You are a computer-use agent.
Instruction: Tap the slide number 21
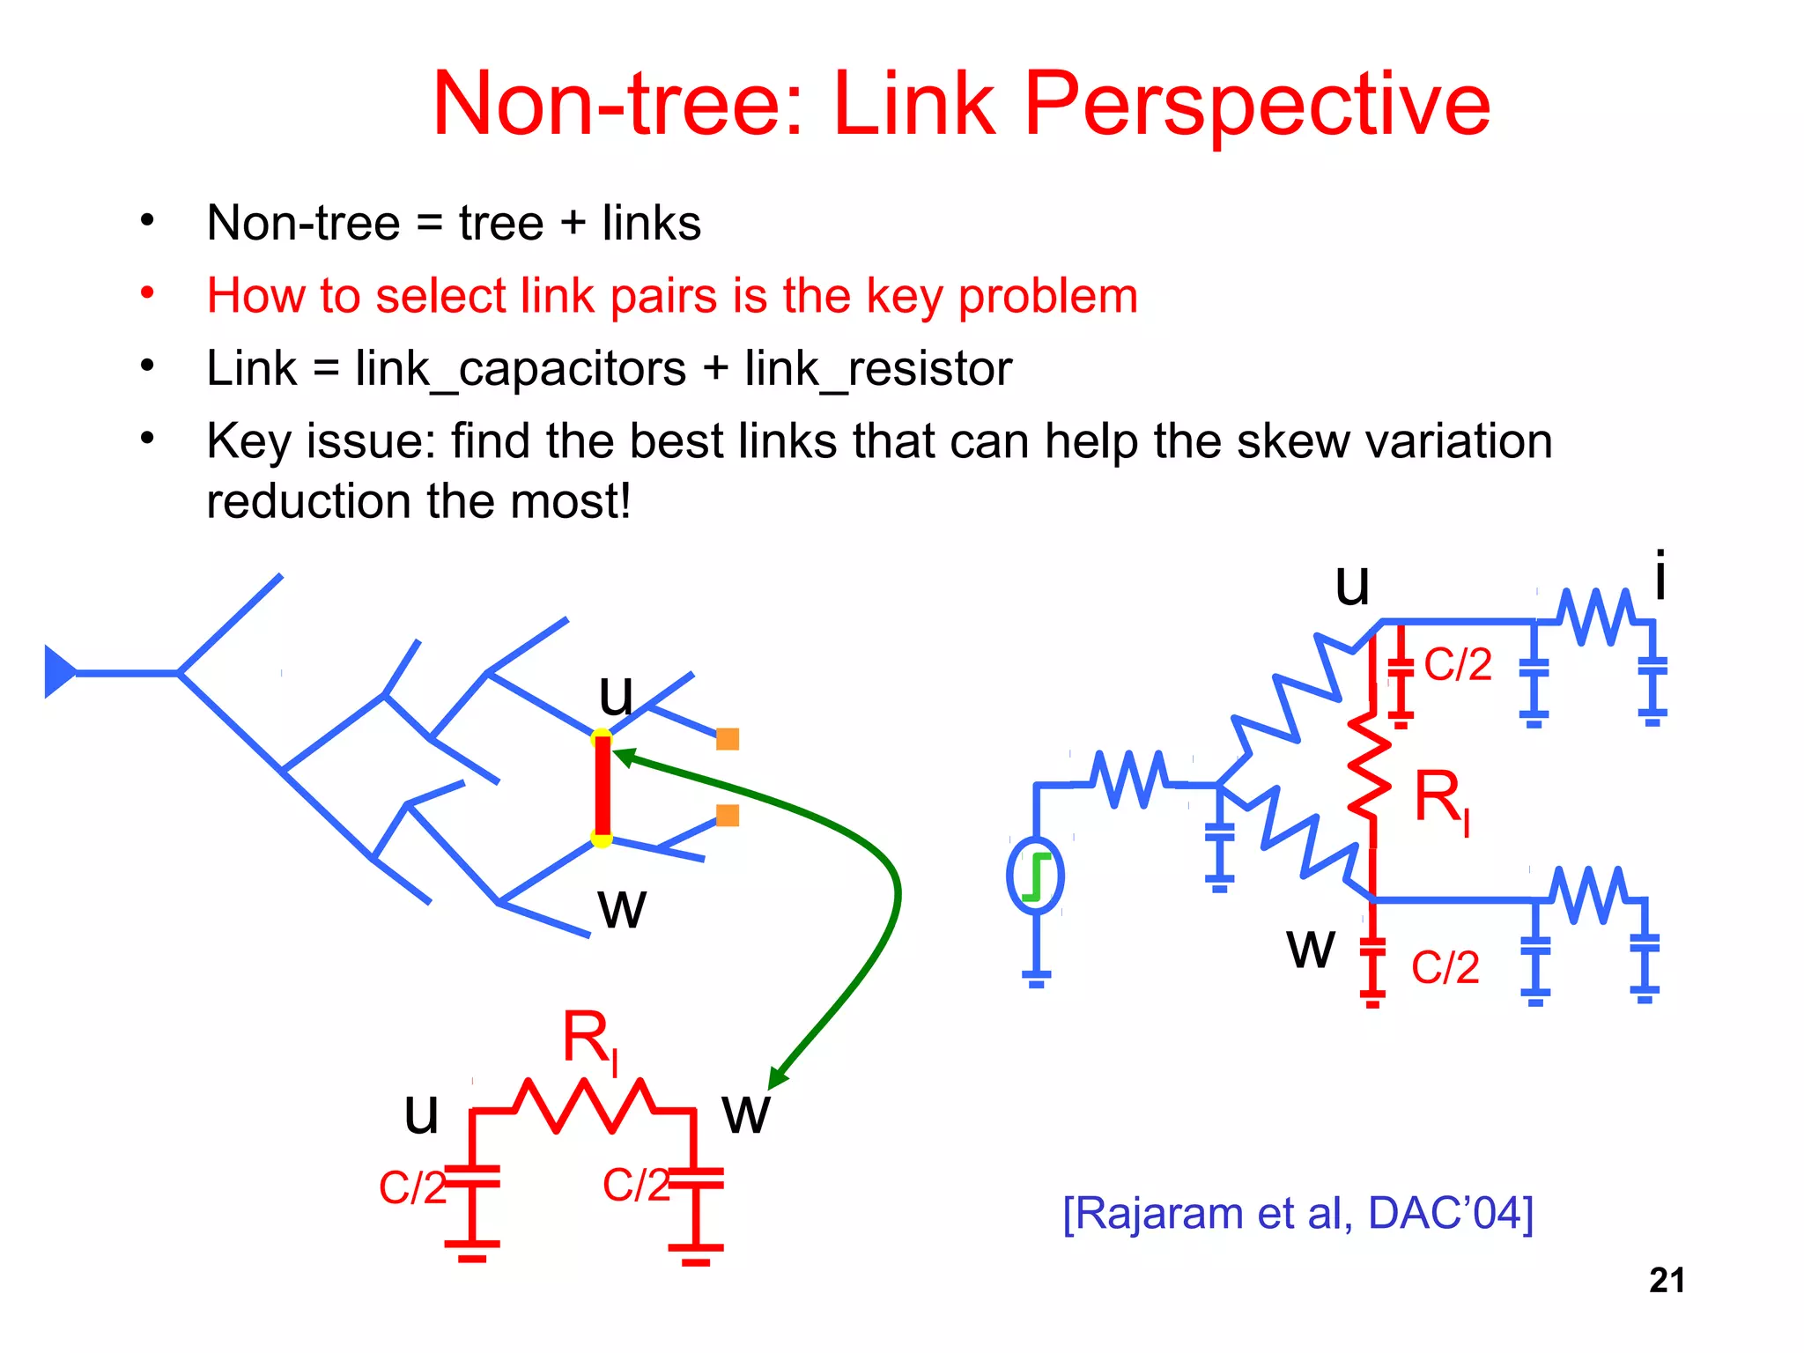(1667, 1281)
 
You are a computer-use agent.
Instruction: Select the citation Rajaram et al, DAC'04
(1298, 1214)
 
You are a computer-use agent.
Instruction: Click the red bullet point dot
(147, 293)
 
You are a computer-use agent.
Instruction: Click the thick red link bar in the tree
(603, 787)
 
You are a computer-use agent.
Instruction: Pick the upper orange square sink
(728, 739)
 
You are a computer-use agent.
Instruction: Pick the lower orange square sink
(728, 816)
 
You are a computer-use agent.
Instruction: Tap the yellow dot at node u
(602, 736)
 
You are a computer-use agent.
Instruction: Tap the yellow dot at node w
(602, 839)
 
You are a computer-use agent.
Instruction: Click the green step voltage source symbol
(1036, 876)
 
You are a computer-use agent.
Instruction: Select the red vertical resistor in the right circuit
(1371, 775)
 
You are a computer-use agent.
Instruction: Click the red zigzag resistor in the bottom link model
(584, 1106)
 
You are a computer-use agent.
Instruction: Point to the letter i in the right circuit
(1660, 577)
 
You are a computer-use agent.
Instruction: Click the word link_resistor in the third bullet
(878, 368)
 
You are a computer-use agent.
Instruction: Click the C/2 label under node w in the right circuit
(1445, 967)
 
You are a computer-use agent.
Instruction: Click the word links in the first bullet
(652, 223)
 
